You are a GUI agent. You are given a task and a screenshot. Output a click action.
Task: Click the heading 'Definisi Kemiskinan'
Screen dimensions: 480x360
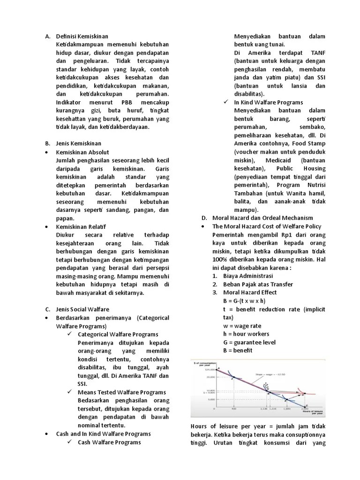[82, 36]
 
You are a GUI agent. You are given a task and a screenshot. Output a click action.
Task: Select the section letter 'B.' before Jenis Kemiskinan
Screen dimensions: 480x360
[48, 143]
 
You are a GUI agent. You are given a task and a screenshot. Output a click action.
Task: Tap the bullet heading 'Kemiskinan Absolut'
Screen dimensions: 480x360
[82, 152]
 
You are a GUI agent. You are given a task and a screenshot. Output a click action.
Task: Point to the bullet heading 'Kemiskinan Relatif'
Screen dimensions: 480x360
[81, 226]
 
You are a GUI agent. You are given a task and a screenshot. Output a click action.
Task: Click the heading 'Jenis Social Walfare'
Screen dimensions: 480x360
[82, 309]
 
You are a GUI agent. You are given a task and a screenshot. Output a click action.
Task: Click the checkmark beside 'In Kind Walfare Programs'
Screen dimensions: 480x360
[225, 102]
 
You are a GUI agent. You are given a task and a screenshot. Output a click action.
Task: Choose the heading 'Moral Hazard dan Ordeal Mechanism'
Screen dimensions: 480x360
[262, 218]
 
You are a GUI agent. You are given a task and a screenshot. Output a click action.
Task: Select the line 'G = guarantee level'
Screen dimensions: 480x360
[249, 342]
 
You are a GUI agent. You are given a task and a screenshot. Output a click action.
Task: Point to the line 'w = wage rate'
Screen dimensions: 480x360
[242, 326]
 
